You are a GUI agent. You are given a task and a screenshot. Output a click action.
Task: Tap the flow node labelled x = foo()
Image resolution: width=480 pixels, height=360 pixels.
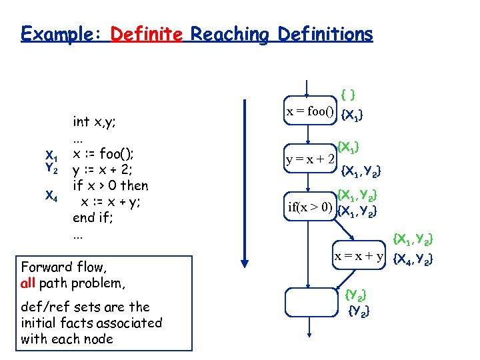pyautogui.click(x=311, y=111)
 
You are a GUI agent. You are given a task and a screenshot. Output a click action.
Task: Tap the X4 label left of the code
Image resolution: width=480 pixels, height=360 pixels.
pyautogui.click(x=51, y=195)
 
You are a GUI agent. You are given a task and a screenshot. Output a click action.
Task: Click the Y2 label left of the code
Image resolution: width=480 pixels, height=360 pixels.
pyautogui.click(x=51, y=169)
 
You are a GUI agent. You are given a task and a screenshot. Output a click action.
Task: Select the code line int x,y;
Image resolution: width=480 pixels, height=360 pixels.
pyautogui.click(x=95, y=121)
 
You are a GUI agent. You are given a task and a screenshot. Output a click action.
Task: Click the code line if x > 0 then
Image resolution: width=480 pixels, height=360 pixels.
pyautogui.click(x=110, y=185)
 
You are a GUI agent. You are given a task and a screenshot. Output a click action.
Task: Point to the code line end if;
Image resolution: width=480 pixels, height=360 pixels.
pyautogui.click(x=93, y=217)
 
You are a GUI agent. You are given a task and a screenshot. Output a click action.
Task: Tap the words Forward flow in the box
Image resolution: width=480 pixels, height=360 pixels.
pyautogui.click(x=63, y=267)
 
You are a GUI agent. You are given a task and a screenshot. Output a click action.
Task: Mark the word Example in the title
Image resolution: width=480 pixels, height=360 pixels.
pyautogui.click(x=60, y=33)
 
